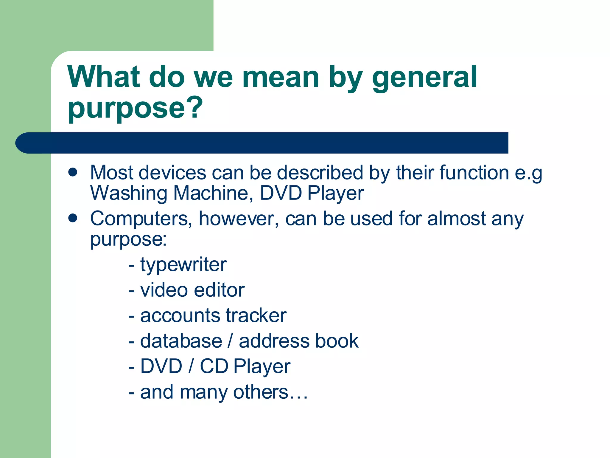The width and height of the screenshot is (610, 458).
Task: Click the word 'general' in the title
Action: [424, 78]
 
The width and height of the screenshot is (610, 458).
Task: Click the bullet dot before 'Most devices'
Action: [73, 172]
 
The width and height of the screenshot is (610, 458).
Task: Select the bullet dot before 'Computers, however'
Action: [73, 218]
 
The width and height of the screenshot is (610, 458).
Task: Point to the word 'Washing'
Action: [129, 193]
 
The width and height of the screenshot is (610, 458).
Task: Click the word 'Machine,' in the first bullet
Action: [213, 193]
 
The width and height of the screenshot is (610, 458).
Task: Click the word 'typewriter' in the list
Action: [183, 265]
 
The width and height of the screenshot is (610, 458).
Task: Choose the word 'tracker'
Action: [256, 315]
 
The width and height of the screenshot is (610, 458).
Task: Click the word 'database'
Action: [181, 341]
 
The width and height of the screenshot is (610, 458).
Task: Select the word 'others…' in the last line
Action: [270, 392]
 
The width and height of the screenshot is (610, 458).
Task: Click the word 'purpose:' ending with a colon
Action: [128, 239]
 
